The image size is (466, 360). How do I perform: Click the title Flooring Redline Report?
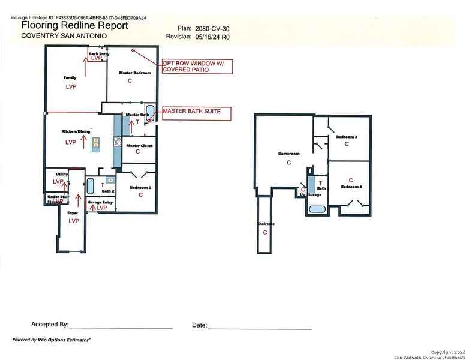(x=74, y=26)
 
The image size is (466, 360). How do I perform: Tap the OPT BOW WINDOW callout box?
(x=196, y=66)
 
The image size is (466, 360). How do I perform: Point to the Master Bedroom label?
(x=130, y=73)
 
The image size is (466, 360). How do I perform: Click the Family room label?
(x=70, y=78)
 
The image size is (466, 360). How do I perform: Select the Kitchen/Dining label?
(x=73, y=131)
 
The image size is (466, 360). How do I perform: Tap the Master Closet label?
(x=139, y=146)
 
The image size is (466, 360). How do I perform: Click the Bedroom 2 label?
(x=140, y=187)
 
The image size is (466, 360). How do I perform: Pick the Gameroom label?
(x=288, y=153)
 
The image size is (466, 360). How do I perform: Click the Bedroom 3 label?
(x=347, y=137)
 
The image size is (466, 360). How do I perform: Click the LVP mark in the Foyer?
(x=74, y=221)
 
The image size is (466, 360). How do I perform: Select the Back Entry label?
(x=99, y=54)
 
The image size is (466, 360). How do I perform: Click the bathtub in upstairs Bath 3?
(x=317, y=209)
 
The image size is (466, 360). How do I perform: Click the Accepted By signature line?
(x=121, y=328)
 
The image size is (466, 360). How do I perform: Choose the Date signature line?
(x=260, y=328)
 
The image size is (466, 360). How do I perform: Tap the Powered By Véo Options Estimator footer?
(x=52, y=340)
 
